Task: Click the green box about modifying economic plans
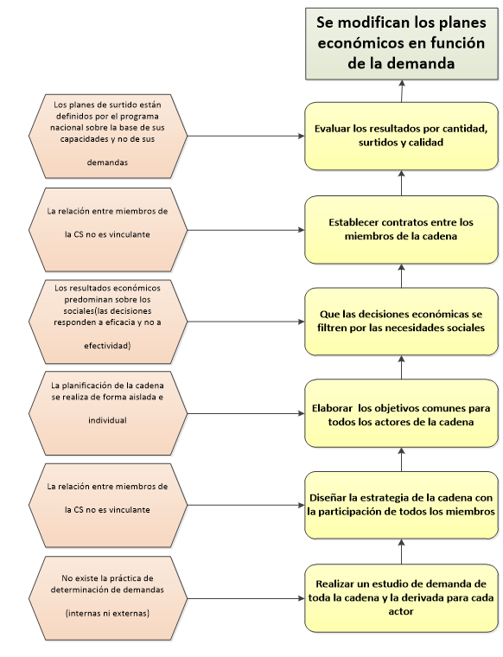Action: (x=400, y=41)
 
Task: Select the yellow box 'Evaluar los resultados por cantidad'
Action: (x=400, y=136)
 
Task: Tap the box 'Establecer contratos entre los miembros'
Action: (x=400, y=228)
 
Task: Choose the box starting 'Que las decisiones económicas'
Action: (x=400, y=321)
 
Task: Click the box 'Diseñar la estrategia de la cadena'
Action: (x=400, y=505)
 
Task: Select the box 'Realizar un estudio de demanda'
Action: (x=400, y=597)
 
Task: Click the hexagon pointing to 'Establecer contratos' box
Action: (x=107, y=228)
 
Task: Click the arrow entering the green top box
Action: (x=401, y=89)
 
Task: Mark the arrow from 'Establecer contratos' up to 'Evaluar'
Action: (x=401, y=182)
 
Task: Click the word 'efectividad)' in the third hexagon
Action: (x=107, y=345)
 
